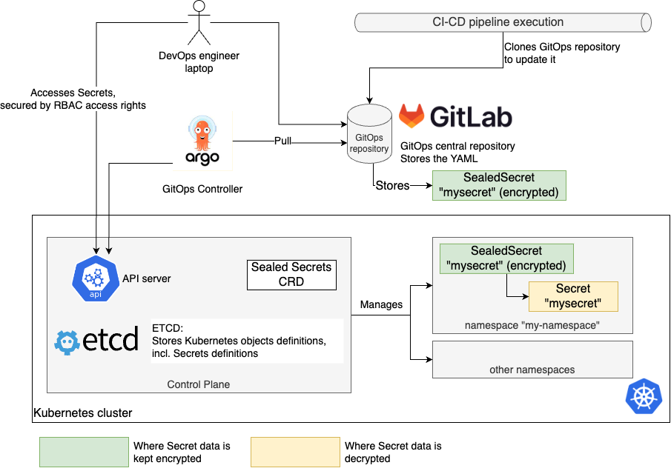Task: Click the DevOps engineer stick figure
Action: point(198,23)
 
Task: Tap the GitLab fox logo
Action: point(412,116)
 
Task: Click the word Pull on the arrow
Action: point(283,141)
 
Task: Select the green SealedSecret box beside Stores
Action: point(499,185)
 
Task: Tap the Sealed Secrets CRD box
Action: point(291,274)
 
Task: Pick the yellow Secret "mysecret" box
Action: point(572,296)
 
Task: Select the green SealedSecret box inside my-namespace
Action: point(506,258)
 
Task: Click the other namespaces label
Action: point(532,370)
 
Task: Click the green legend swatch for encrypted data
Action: point(84,452)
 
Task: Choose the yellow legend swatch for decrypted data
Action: point(294,452)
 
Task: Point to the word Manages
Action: point(381,304)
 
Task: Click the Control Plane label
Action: point(198,384)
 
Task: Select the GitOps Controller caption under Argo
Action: point(202,190)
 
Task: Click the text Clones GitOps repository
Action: point(561,47)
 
